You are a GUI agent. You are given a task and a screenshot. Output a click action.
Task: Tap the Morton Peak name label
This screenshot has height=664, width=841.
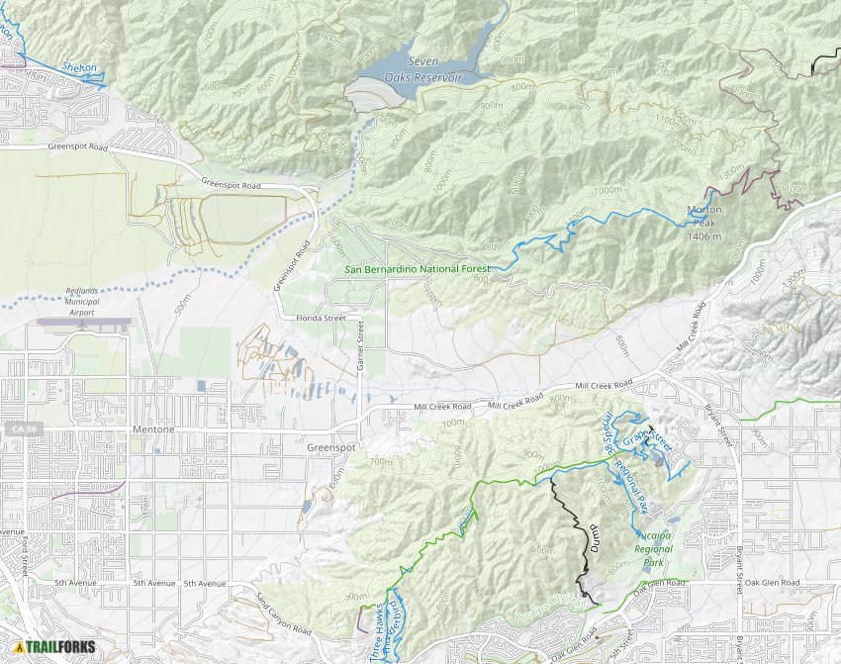(706, 223)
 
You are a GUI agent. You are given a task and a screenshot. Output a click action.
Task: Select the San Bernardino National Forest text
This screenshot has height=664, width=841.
(418, 268)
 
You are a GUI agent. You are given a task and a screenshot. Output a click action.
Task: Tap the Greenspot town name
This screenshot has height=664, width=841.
(331, 447)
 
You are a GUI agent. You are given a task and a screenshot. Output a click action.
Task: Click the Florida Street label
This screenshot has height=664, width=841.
(320, 319)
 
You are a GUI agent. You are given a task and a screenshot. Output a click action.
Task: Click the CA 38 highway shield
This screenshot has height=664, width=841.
(16, 429)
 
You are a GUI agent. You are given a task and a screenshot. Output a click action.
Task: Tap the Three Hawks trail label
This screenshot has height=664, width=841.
(375, 633)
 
